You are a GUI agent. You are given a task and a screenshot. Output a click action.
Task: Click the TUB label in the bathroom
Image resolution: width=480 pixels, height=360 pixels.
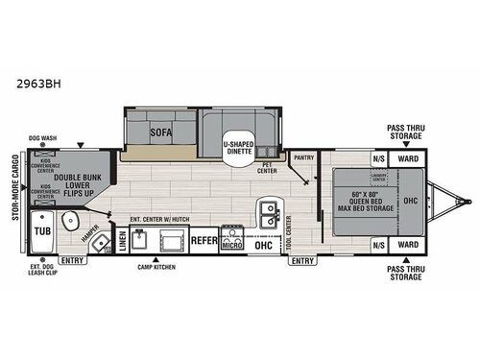(x=42, y=231)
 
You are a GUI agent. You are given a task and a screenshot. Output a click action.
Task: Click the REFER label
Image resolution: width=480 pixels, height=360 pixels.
(x=204, y=240)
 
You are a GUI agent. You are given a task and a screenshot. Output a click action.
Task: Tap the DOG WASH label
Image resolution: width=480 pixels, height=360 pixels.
(x=42, y=136)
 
